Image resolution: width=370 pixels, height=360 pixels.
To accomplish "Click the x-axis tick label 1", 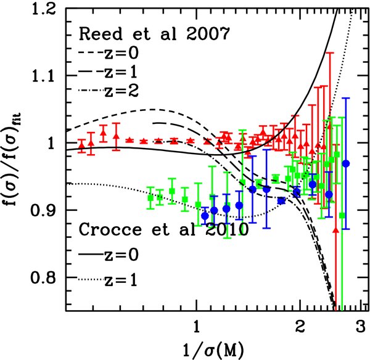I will pos(196,324).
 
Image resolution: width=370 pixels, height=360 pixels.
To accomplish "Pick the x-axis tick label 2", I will pos(300,324).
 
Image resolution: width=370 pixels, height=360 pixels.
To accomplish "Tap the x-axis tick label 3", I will pos(360,324).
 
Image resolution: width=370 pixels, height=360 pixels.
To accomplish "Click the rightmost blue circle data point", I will pos(346,163).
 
